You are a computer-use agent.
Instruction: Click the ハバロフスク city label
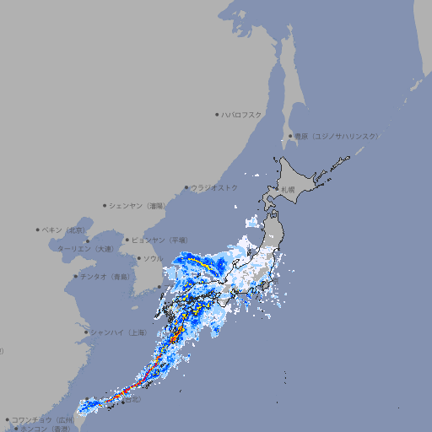pos(242,114)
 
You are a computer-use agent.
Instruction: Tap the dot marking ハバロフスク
pos(217,114)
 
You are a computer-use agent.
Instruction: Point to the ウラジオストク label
pos(214,187)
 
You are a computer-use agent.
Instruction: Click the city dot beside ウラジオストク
pos(186,188)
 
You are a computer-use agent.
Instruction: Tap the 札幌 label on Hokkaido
pos(289,190)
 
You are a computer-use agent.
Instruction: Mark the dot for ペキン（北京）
pos(38,229)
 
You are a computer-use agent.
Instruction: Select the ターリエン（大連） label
pos(85,249)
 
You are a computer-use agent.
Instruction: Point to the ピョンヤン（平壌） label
pos(159,240)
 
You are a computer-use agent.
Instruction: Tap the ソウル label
pos(153,258)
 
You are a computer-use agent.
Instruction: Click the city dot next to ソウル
pos(138,258)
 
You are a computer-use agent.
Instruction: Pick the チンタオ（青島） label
pos(105,276)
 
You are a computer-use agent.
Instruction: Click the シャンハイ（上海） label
pos(119,332)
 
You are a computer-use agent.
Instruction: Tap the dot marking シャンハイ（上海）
pos(86,332)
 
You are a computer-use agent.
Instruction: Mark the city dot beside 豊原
pos(290,136)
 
